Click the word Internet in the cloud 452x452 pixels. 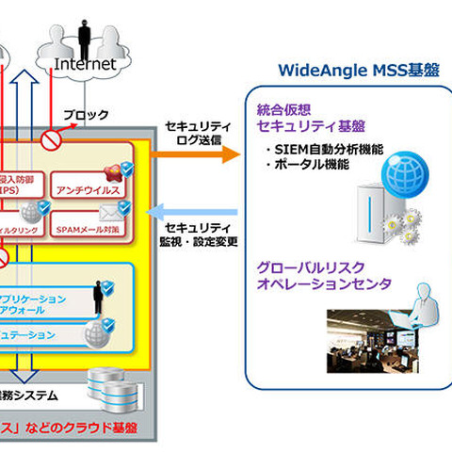point(85,64)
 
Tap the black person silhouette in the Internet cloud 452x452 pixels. point(84,33)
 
